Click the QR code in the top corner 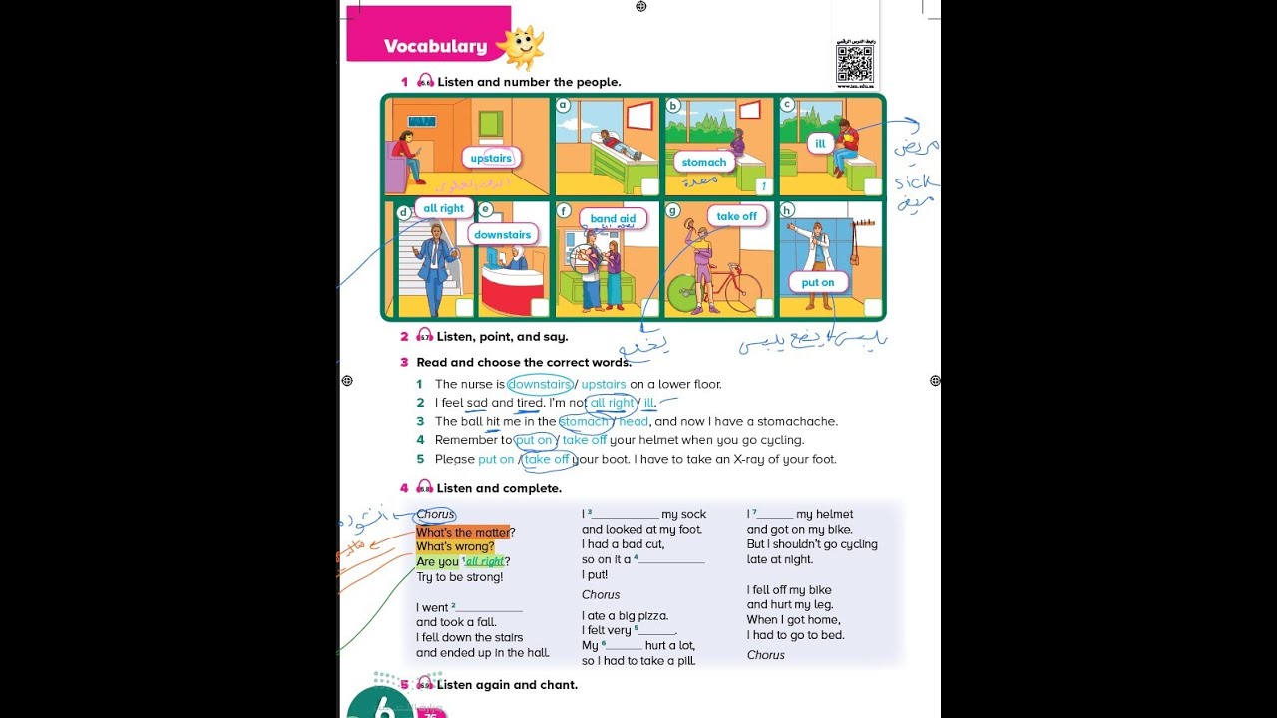(x=854, y=63)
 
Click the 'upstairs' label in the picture (x=491, y=158)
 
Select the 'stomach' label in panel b (x=704, y=162)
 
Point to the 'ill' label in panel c (x=820, y=144)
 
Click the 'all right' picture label (x=443, y=208)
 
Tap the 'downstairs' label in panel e (x=502, y=235)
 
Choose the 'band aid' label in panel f (x=613, y=219)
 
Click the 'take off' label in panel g (x=736, y=216)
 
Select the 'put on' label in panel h (x=817, y=282)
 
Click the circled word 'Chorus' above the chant (x=435, y=514)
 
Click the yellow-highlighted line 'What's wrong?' (x=455, y=546)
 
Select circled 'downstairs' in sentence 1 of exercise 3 (x=539, y=384)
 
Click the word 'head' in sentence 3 (x=634, y=421)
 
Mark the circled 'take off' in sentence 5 (x=546, y=459)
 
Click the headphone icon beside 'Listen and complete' (x=425, y=487)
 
